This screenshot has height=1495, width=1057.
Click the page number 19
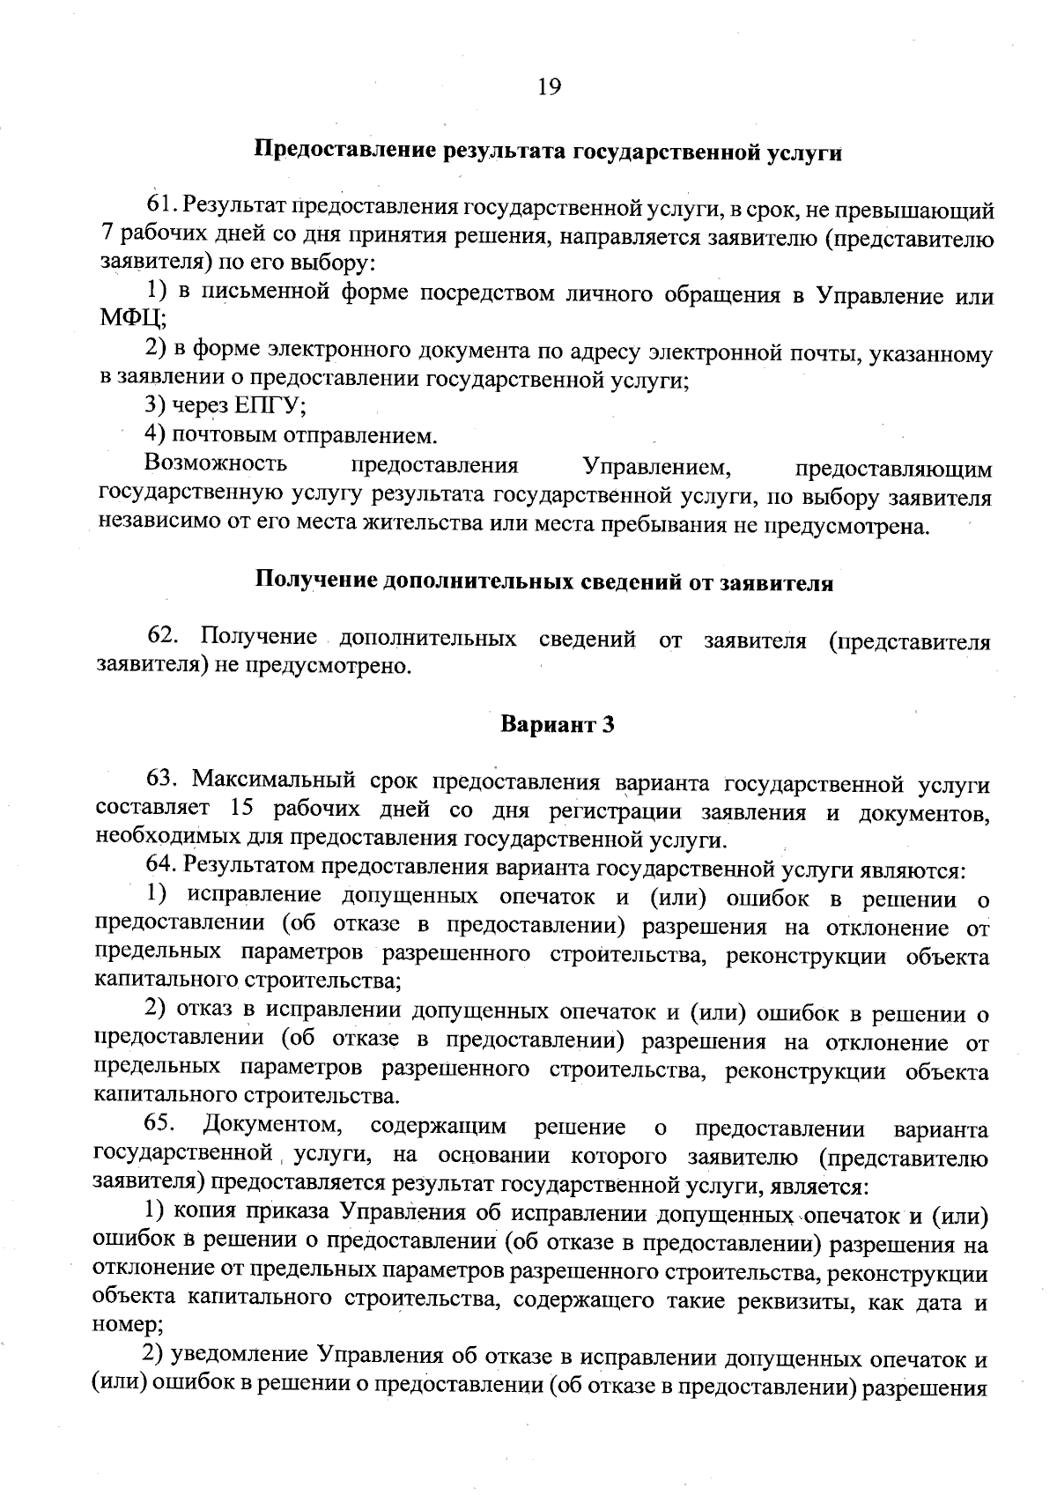click(548, 86)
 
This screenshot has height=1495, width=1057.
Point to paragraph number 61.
click(163, 210)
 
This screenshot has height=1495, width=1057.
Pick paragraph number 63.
click(164, 779)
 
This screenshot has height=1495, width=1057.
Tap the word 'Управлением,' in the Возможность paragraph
click(659, 465)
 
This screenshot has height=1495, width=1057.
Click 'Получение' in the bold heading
click(308, 582)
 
